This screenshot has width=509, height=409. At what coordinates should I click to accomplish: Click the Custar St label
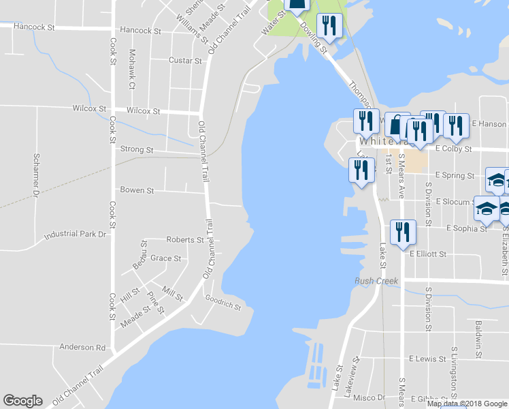[185, 61]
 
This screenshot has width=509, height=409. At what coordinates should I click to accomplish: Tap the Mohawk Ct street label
[133, 70]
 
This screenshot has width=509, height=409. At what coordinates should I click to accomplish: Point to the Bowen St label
[136, 190]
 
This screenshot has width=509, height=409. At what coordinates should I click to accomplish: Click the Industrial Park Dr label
[76, 234]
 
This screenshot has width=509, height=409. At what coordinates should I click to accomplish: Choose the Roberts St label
[184, 240]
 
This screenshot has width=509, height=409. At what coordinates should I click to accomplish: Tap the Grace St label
[165, 258]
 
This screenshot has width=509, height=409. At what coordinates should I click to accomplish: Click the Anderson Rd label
[82, 347]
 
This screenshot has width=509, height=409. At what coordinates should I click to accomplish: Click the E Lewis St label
[427, 359]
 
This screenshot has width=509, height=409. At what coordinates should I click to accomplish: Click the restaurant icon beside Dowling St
[330, 26]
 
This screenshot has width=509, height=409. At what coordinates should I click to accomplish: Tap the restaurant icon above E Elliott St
[402, 232]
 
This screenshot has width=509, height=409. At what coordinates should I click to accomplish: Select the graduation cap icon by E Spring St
[496, 181]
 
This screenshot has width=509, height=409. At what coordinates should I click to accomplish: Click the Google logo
[22, 401]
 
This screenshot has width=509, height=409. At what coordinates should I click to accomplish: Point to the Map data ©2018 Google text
[466, 404]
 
